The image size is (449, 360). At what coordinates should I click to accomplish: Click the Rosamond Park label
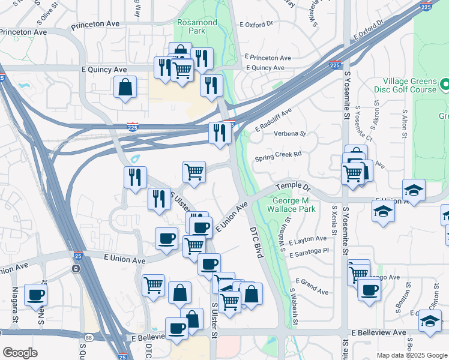(x=197, y=26)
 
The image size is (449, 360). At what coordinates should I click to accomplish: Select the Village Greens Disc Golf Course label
(x=409, y=85)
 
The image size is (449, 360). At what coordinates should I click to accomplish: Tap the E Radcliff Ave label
(x=273, y=120)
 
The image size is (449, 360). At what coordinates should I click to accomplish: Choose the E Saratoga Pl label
(x=309, y=254)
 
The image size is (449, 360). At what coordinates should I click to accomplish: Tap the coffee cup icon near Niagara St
(x=35, y=295)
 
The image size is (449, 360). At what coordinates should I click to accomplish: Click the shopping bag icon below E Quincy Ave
(x=124, y=87)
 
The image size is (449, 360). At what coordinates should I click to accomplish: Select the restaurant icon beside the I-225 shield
(x=220, y=132)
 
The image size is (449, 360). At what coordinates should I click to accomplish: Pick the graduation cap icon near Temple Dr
(x=414, y=190)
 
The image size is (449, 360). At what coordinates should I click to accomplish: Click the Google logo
(x=20, y=353)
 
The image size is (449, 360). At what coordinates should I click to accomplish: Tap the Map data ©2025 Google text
(x=411, y=355)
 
